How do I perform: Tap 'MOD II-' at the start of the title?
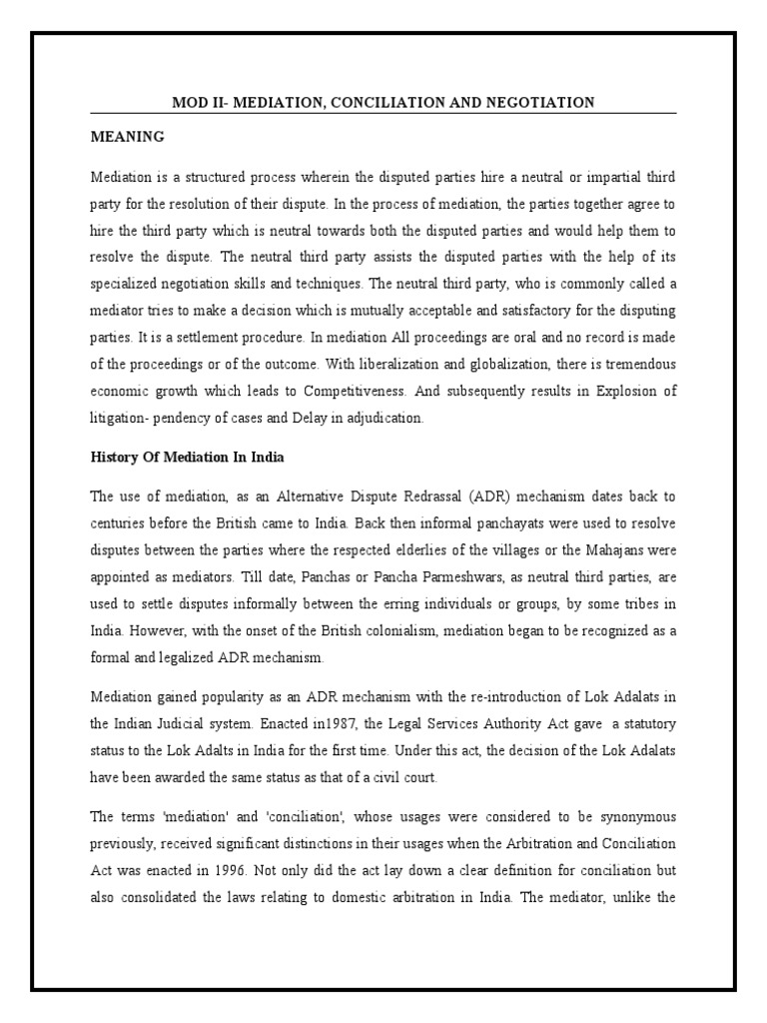[x=197, y=103]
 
